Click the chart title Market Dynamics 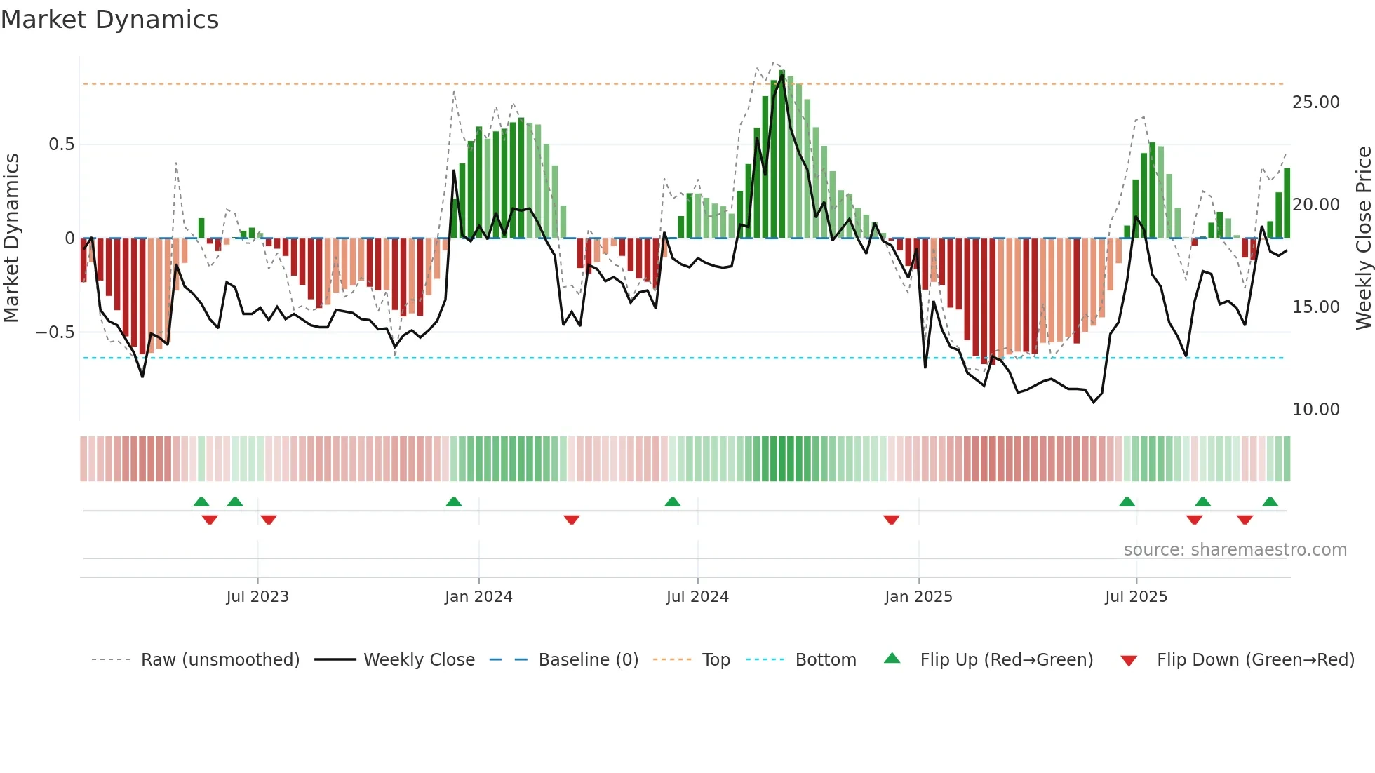click(x=109, y=20)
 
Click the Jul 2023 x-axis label click(x=257, y=597)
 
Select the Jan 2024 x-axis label click(x=478, y=597)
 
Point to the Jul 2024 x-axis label click(x=697, y=597)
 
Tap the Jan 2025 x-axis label click(x=918, y=597)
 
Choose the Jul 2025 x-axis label click(x=1136, y=597)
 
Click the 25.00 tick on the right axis click(x=1315, y=102)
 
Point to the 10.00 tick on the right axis click(x=1315, y=410)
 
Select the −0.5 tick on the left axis click(x=55, y=332)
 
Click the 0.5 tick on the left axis click(x=61, y=144)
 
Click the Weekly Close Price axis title click(x=1363, y=238)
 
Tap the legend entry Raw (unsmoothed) click(x=220, y=660)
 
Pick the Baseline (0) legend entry click(x=588, y=660)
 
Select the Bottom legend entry click(x=825, y=660)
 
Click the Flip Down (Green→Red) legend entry click(x=1255, y=660)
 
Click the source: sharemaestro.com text click(x=1235, y=550)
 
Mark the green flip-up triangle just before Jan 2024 click(x=454, y=502)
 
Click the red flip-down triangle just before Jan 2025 click(x=891, y=520)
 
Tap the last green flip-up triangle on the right click(x=1270, y=502)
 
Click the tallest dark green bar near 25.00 click(x=782, y=154)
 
